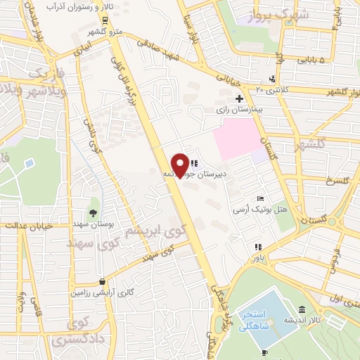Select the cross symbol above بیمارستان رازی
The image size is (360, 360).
(x=240, y=98)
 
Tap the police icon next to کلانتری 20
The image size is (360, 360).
(x=272, y=79)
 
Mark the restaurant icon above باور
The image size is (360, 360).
(x=258, y=246)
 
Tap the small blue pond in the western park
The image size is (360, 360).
(x=29, y=164)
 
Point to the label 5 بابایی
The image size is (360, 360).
(x=313, y=61)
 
